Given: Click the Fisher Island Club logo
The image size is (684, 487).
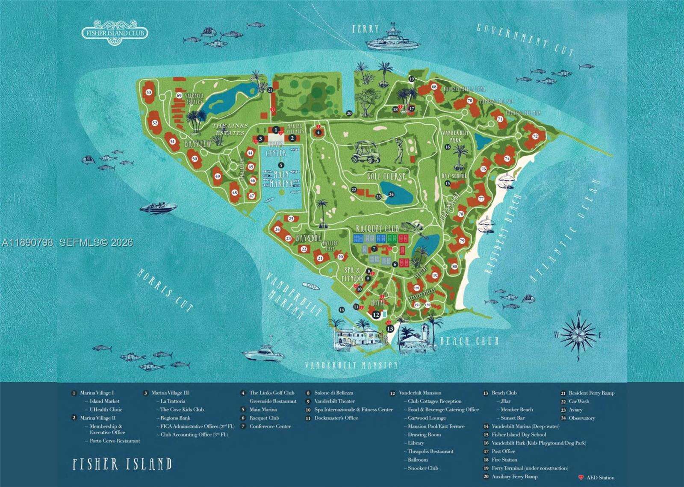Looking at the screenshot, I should [115, 32].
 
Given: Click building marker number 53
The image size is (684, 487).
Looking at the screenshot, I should [149, 92].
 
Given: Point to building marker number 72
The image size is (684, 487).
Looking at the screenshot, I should [535, 136].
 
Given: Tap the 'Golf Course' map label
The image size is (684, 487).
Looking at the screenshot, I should [386, 176].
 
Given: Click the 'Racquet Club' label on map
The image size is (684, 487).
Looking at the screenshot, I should [377, 229].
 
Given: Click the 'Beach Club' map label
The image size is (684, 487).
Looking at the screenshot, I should [469, 341].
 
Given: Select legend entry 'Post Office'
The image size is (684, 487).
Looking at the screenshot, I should [503, 452].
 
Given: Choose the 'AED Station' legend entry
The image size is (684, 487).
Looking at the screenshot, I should [601, 478].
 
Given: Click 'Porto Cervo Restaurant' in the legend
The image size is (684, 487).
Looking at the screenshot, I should [114, 441].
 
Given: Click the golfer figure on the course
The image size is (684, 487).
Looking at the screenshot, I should [399, 151].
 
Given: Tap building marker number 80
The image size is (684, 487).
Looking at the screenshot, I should [454, 266].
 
